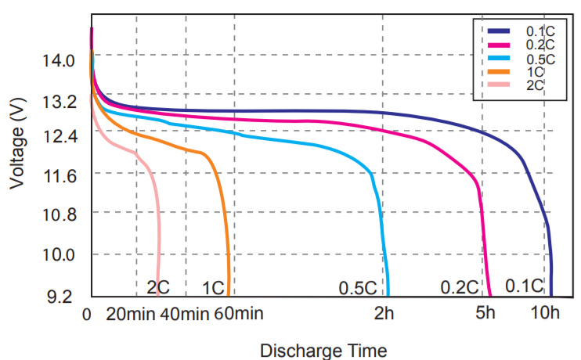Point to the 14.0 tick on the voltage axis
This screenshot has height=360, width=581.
[59, 60]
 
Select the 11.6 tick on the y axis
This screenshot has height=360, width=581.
[59, 177]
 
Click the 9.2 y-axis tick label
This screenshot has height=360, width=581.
[59, 297]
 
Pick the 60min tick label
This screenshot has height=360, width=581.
[236, 315]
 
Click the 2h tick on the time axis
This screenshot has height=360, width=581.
[384, 315]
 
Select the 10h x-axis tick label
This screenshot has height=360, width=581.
[545, 315]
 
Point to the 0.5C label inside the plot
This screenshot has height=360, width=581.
[358, 287]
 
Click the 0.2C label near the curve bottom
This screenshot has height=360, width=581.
[459, 287]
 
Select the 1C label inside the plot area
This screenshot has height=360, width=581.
[212, 287]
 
